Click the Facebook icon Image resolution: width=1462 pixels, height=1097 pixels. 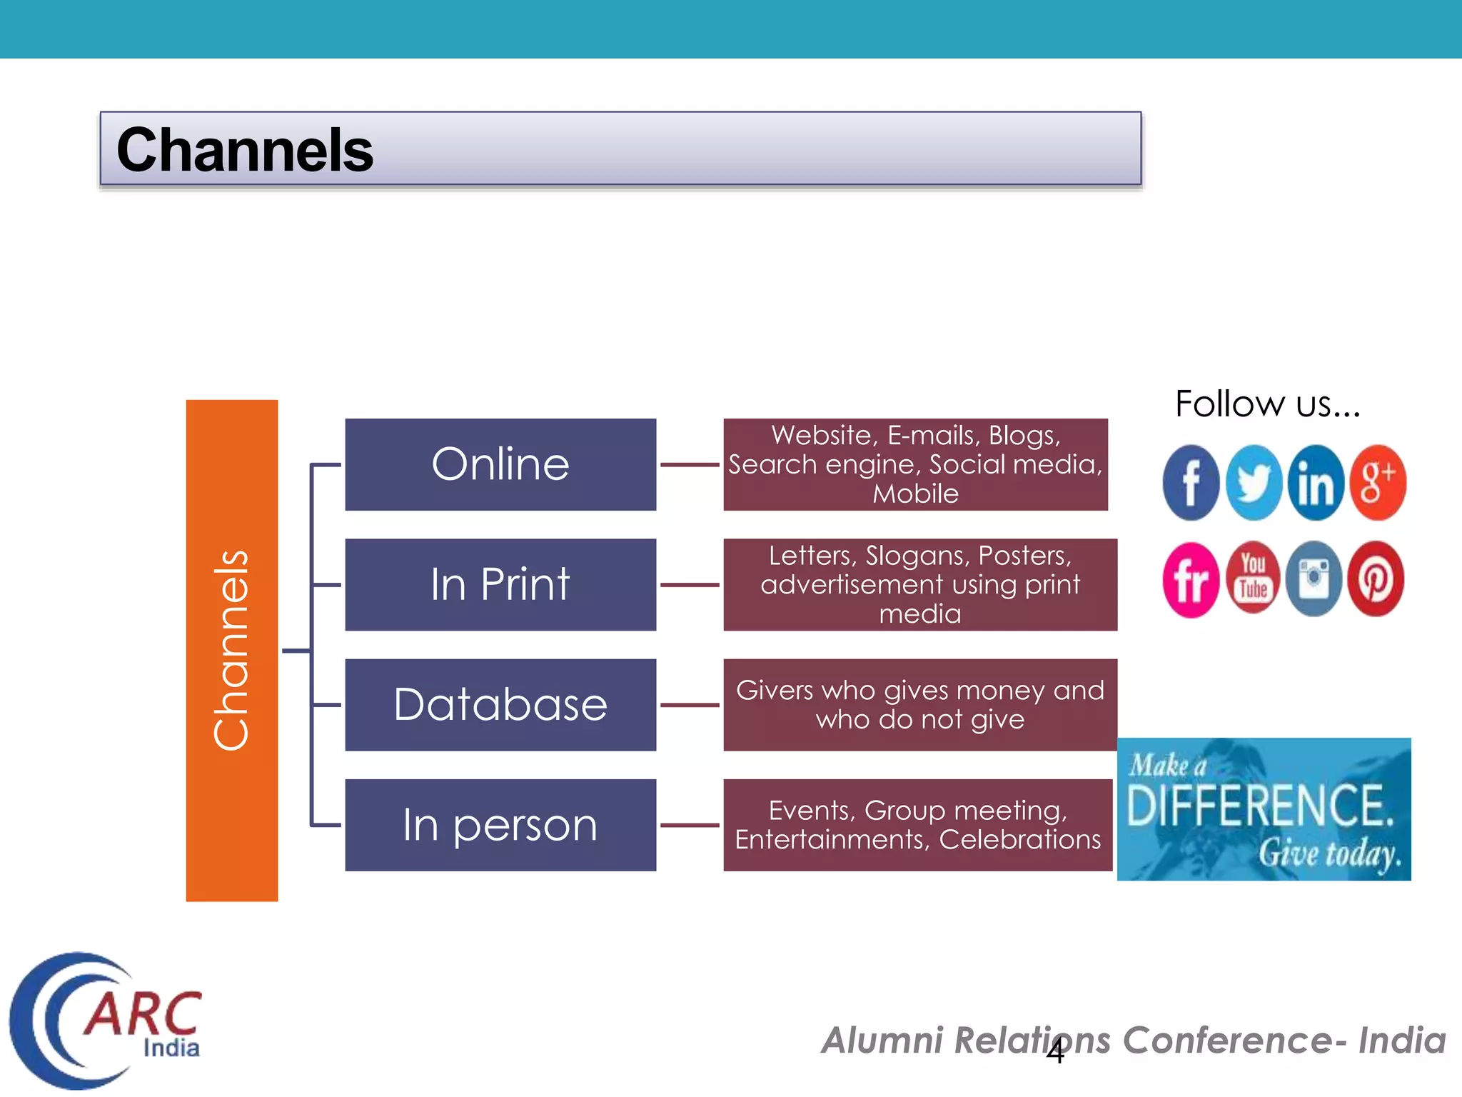click(1191, 483)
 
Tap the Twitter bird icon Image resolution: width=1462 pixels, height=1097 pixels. click(1254, 483)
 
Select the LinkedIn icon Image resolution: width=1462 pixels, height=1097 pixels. click(1316, 483)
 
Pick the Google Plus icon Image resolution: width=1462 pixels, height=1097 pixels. click(1378, 483)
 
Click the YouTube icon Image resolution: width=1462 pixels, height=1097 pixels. click(1253, 578)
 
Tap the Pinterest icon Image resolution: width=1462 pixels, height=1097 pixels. click(1376, 578)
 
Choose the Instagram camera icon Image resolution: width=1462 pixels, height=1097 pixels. click(1314, 578)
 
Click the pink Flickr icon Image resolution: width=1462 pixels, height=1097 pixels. click(1191, 578)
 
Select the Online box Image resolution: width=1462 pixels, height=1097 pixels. click(500, 464)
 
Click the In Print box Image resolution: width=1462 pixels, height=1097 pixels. click(500, 584)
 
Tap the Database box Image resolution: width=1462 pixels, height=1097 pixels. click(500, 704)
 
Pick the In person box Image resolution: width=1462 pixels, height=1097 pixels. click(500, 825)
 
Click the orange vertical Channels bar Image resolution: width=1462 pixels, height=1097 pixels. click(231, 650)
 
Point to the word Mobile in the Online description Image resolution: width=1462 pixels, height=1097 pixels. click(915, 494)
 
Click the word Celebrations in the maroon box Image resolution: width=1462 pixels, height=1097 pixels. click(1019, 840)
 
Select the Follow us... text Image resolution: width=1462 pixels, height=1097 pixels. click(1267, 404)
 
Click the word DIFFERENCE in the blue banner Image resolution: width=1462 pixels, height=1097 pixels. click(1260, 806)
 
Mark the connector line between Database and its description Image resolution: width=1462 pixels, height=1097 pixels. click(690, 705)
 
